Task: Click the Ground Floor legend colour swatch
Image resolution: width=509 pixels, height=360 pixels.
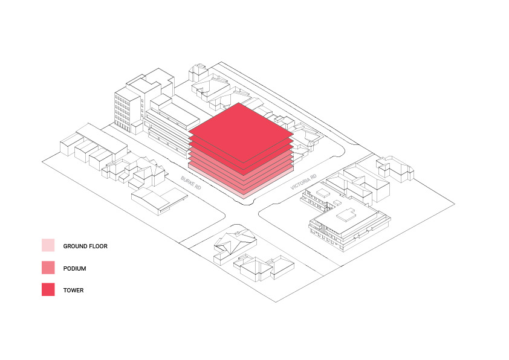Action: (48, 245)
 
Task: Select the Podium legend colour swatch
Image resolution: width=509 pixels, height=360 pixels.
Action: (48, 268)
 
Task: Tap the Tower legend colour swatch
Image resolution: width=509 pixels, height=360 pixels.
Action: (48, 289)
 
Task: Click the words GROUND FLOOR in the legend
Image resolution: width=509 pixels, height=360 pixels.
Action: (85, 246)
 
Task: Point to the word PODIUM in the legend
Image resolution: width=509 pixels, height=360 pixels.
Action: (75, 269)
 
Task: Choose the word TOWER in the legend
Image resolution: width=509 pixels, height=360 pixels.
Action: (73, 291)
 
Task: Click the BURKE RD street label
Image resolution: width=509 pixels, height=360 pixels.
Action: (191, 183)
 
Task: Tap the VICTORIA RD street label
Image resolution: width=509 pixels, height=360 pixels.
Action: (303, 182)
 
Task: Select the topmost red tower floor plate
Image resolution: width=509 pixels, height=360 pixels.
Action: (241, 133)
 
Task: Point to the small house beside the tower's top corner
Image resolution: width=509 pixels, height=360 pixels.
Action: (198, 72)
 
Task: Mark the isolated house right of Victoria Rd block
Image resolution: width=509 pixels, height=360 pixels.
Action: (395, 169)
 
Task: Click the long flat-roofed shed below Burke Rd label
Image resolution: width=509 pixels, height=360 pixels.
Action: (159, 200)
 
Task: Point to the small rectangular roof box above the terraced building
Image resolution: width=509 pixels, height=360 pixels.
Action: (323, 193)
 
